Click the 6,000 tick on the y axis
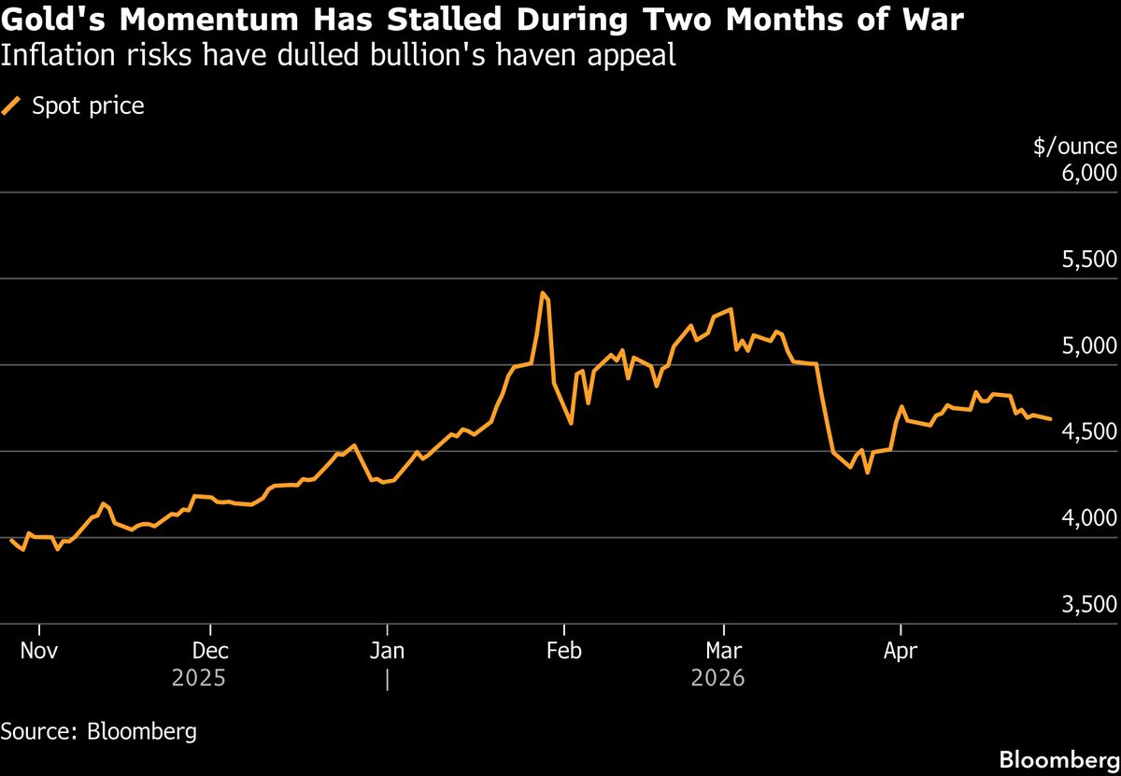[1089, 174]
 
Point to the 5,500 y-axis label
[1089, 260]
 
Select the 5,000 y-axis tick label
[1089, 346]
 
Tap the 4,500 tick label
[1089, 432]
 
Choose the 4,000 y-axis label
[1089, 518]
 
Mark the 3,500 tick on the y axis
[1089, 605]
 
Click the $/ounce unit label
[1074, 147]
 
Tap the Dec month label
[210, 650]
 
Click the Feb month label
[563, 650]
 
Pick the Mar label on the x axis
[724, 650]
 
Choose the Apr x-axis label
[901, 650]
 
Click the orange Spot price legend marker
[12, 106]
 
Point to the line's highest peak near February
[543, 293]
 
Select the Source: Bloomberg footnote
[99, 730]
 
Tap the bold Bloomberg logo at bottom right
[1058, 759]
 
